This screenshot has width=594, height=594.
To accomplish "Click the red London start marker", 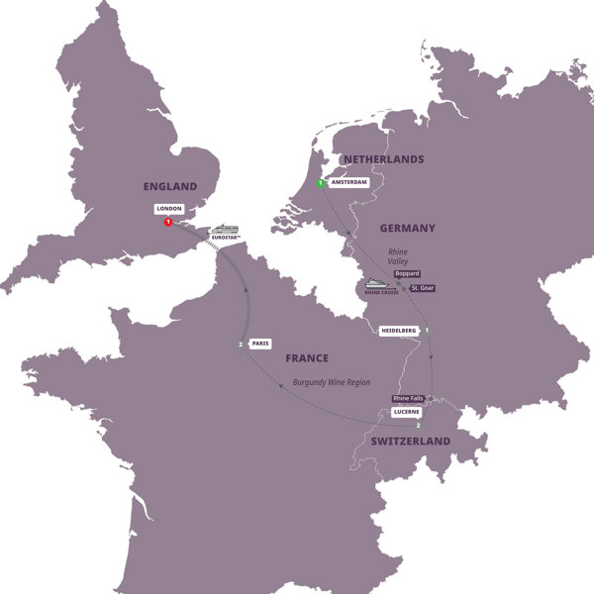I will pos(167,223).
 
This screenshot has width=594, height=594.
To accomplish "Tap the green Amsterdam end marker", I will pos(321,184).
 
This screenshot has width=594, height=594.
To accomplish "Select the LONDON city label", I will pos(168,210).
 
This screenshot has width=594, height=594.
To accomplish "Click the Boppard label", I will pos(407,271).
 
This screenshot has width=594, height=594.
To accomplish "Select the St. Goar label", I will pos(420,288).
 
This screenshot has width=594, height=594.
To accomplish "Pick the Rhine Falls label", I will pos(408,398).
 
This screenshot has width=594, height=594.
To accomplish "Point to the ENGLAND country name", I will pos(169,186).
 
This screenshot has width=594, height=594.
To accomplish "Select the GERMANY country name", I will pos(407,228).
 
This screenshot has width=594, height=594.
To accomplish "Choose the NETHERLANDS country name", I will pos(382,159).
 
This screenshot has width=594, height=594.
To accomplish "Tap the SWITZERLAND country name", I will pos(410,441).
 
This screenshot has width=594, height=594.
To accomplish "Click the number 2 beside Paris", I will pos(241,345).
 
